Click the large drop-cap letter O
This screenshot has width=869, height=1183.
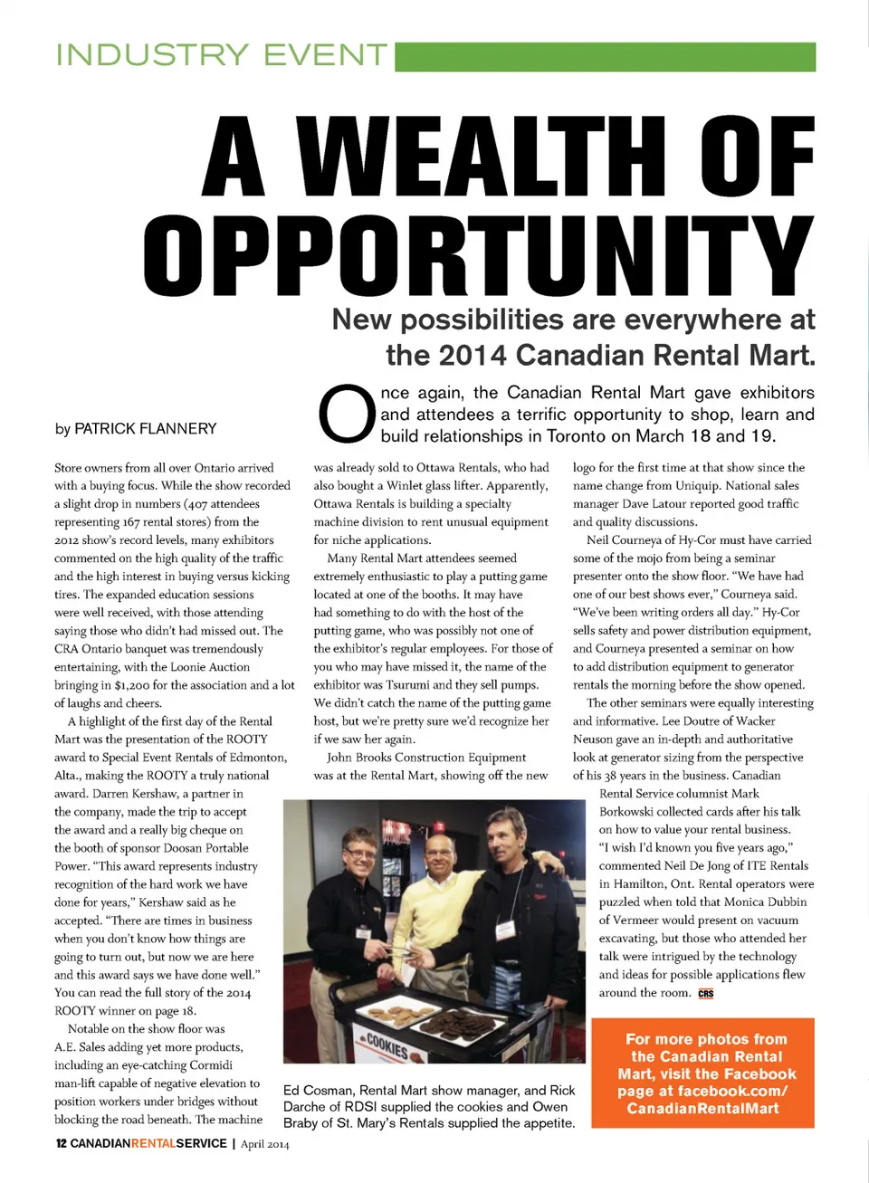pos(347,415)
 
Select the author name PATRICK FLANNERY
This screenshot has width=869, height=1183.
pos(146,429)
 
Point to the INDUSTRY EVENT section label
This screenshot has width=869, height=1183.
pos(222,55)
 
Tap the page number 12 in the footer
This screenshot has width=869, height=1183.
pos(61,1144)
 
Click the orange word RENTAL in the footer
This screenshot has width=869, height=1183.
pos(153,1144)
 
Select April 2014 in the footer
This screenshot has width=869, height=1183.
pos(265,1144)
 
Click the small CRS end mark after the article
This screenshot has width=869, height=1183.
pos(706,994)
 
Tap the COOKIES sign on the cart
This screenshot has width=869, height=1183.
pos(387,1046)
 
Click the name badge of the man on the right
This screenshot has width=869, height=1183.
pos(505,929)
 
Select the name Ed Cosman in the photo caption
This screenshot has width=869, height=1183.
pos(318,1091)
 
